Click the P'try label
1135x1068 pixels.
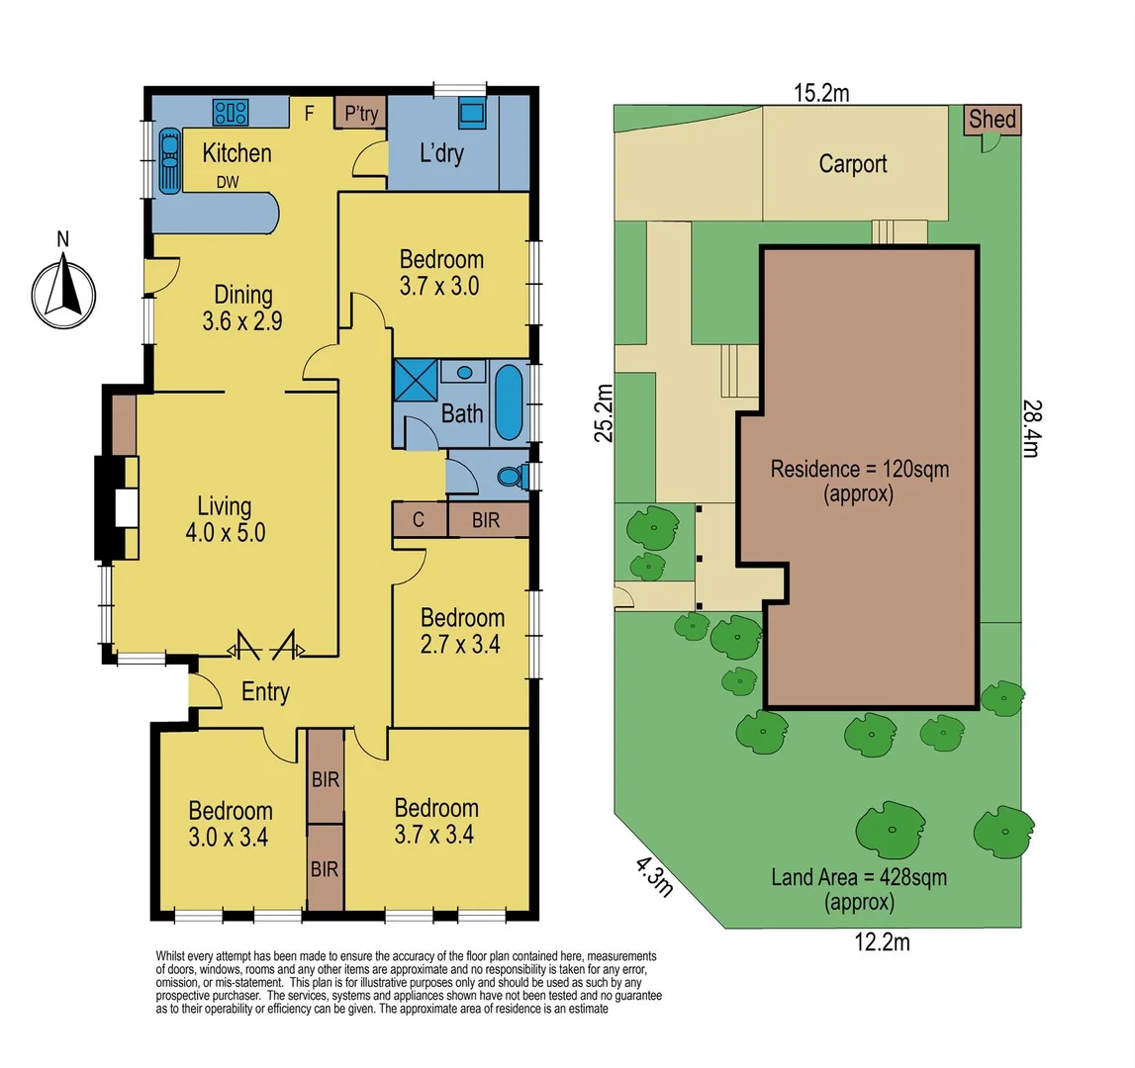click(360, 114)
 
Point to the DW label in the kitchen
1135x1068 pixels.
click(228, 182)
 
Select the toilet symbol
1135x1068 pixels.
click(512, 477)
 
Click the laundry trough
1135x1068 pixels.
click(471, 112)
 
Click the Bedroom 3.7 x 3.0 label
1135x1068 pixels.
click(441, 273)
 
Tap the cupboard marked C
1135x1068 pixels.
click(419, 520)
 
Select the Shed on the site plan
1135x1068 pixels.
click(992, 120)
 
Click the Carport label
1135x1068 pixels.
click(852, 164)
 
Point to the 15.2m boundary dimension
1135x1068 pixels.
click(820, 93)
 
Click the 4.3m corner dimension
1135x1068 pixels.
click(653, 876)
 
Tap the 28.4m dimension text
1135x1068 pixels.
click(1030, 428)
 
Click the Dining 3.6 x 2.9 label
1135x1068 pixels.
click(243, 307)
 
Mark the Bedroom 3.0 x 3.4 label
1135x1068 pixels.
click(231, 824)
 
